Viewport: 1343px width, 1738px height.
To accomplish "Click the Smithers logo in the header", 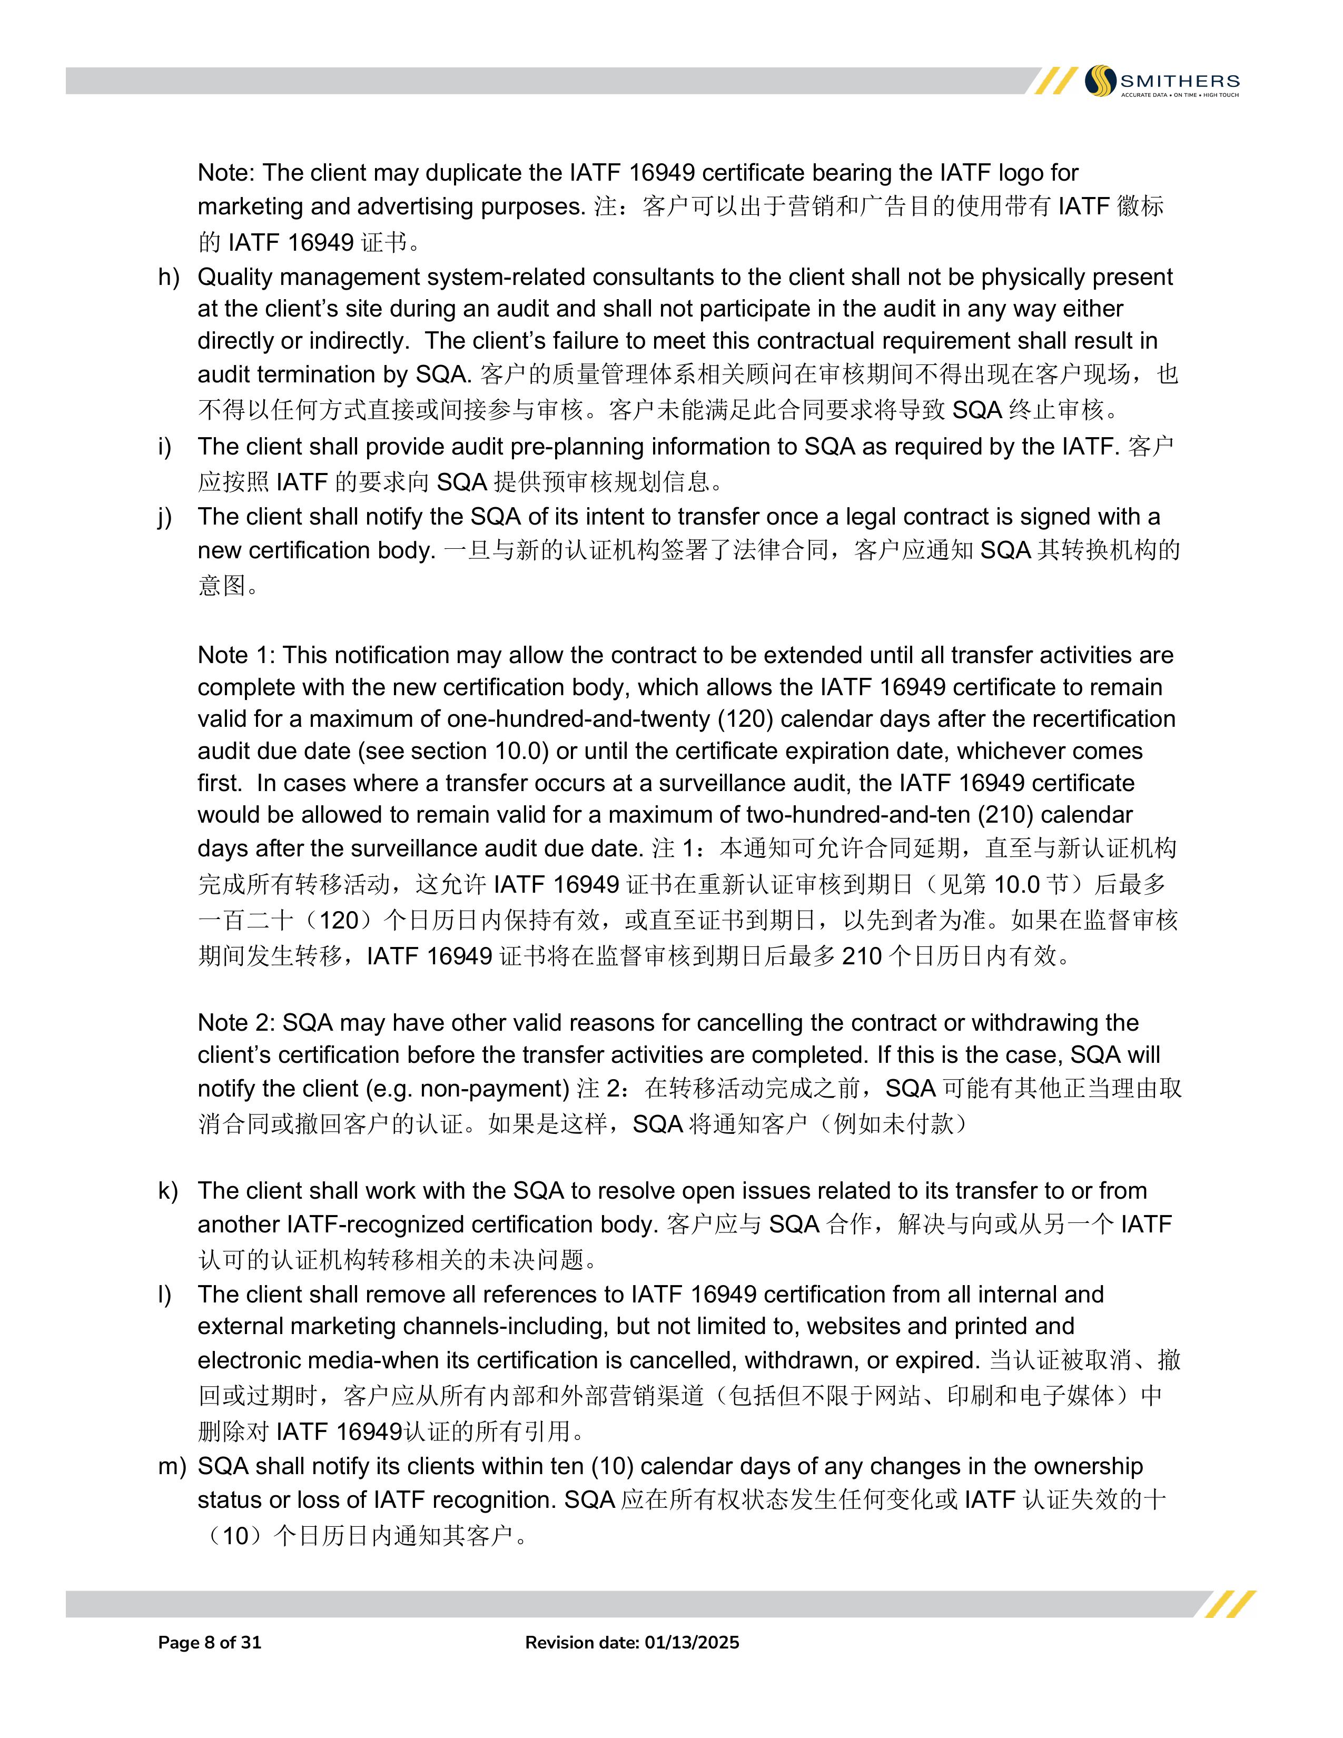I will pos(1162,81).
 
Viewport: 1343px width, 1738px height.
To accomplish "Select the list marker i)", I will pos(165,447).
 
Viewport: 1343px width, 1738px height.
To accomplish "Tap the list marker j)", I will pos(165,517).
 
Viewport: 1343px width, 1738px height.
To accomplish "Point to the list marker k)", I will pos(168,1190).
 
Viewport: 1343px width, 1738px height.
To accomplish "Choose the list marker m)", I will pos(172,1467).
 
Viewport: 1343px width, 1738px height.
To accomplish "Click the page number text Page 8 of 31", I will pos(210,1643).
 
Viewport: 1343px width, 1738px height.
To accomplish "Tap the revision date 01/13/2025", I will pos(692,1643).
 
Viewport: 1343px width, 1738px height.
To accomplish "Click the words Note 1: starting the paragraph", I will pos(236,655).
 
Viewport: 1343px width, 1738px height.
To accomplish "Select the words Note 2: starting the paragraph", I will pos(236,1023).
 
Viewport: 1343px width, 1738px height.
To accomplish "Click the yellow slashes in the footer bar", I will pos(1230,1604).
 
